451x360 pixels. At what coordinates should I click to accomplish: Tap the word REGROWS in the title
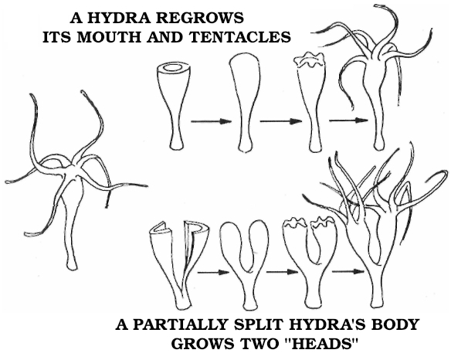(200, 19)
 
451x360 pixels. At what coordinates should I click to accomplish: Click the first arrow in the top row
(211, 121)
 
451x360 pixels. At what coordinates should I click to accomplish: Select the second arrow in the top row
(281, 121)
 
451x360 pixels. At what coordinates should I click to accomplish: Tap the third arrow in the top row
(348, 121)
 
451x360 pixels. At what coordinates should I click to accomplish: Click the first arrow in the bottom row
(214, 272)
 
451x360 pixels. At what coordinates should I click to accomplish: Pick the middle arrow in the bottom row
(282, 272)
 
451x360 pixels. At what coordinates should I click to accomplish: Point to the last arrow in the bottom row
(348, 271)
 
